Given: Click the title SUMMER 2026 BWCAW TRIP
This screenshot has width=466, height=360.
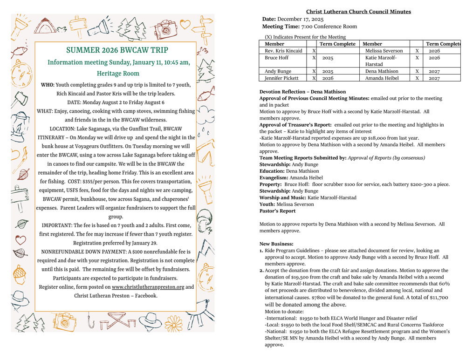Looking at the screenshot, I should click(117, 50).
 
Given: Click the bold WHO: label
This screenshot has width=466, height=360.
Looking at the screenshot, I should click(47, 85).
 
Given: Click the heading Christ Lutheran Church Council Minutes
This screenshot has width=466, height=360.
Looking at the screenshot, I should click(358, 12).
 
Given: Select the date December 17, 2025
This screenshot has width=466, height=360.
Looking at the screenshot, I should click(300, 19).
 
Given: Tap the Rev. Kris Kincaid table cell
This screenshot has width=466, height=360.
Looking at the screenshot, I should click(283, 51).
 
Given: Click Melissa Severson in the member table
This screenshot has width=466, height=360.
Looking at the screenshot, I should click(384, 51).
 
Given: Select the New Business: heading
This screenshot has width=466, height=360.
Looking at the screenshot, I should click(276, 244).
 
